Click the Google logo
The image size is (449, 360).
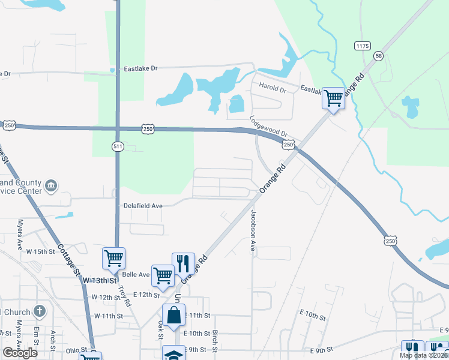pos(20,353)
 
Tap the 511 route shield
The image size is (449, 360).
pos(118,146)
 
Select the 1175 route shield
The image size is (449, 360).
pos(362,46)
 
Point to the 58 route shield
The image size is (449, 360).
pos(378,55)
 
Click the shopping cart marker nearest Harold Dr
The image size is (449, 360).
pos(333,98)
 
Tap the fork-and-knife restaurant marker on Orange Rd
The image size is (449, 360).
pos(184,263)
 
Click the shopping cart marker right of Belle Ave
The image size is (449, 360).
pos(163,275)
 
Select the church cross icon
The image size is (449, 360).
pos(40,311)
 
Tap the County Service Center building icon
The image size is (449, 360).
pos(51,185)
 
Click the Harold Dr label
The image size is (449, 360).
pos(273,88)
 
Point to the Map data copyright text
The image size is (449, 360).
pos(424,355)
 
